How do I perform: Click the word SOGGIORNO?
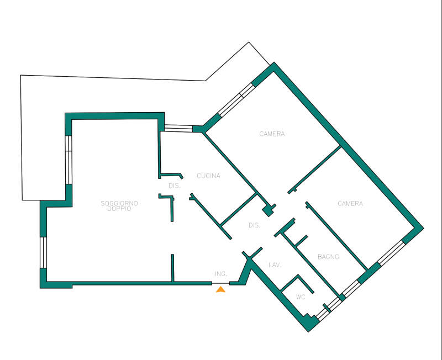tap(119, 203)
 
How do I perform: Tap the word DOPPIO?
tap(119, 209)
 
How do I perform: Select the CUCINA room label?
tap(208, 176)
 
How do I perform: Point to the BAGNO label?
tap(328, 257)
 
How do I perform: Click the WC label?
tap(301, 297)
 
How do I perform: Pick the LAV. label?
tap(275, 265)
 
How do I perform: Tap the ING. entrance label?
tap(221, 273)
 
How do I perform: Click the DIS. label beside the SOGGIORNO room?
tap(175, 186)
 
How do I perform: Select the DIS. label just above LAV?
tap(255, 225)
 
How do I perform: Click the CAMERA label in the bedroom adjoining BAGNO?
tap(350, 203)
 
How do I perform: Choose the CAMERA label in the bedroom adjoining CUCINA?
tap(272, 134)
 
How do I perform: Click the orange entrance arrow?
tap(220, 289)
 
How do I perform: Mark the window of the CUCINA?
tap(178, 129)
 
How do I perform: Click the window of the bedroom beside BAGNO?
tap(391, 253)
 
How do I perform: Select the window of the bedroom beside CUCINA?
tap(236, 100)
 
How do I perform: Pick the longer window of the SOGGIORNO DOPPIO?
tap(69, 160)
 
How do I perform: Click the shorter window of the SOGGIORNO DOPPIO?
tap(44, 252)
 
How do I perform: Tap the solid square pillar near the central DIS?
tap(269, 210)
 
